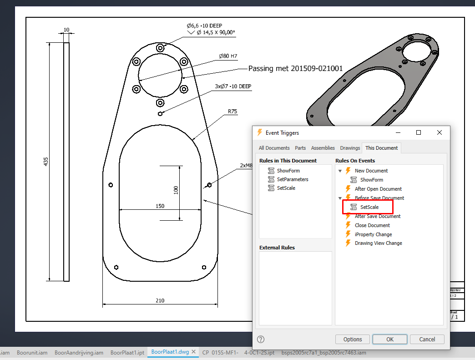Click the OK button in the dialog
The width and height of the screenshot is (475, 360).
[x=389, y=339]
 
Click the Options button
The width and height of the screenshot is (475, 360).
[x=352, y=339]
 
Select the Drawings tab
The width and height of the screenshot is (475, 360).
[x=350, y=148]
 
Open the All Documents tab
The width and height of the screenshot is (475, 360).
[x=274, y=148]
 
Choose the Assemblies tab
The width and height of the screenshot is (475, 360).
[x=323, y=148]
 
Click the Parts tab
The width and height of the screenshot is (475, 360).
[x=300, y=148]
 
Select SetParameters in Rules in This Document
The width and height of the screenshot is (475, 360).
[x=292, y=179]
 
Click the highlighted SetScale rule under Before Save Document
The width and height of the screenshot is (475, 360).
[x=369, y=207]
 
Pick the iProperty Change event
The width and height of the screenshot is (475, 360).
[x=373, y=234]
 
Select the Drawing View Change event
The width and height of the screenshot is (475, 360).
[x=378, y=243]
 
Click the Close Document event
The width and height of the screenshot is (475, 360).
[x=372, y=225]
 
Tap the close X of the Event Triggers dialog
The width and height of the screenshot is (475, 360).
[x=439, y=132]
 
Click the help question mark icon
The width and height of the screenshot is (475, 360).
[x=261, y=339]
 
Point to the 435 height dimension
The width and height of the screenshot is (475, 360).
[x=46, y=162]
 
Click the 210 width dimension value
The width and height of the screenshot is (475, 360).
[x=160, y=300]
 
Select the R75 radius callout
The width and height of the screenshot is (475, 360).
[x=232, y=111]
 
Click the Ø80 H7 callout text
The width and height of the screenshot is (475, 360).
[x=228, y=56]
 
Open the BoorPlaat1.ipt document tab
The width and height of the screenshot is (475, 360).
[x=127, y=352]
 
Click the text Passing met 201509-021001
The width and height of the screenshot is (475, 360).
[x=295, y=69]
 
